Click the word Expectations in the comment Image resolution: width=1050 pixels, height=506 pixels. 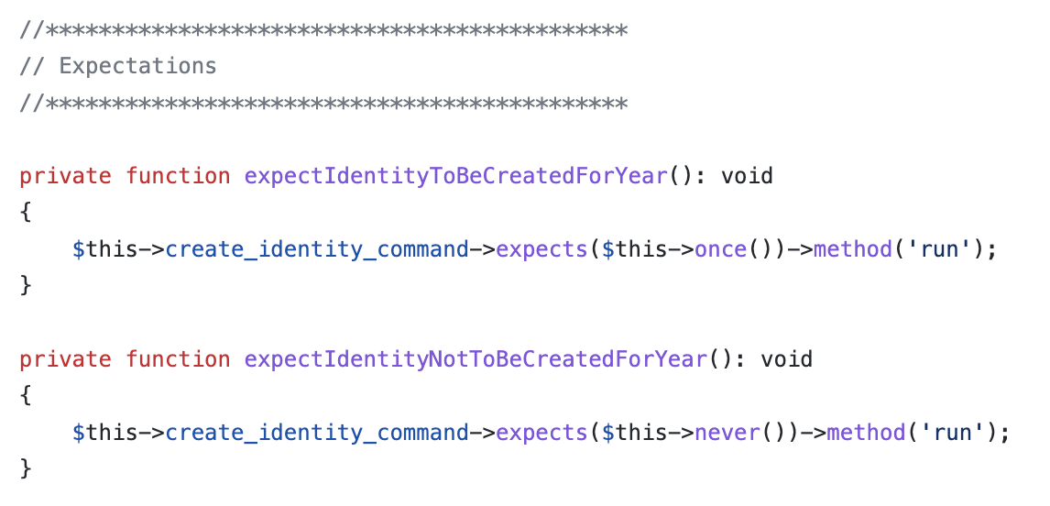[137, 66]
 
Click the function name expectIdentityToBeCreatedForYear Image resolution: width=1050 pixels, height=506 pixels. [455, 175]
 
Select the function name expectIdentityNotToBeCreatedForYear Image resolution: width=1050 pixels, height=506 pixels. [476, 358]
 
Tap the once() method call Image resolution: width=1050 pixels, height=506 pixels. [721, 248]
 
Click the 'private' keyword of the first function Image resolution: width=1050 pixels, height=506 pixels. [66, 175]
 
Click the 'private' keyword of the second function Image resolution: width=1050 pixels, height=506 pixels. [66, 358]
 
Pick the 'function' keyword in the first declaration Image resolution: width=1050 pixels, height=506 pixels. [178, 175]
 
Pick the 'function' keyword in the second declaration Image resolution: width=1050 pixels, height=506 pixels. [178, 358]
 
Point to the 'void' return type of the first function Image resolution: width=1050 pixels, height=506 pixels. [747, 175]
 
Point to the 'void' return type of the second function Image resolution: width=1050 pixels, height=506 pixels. [786, 358]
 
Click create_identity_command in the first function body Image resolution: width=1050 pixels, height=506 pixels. [317, 248]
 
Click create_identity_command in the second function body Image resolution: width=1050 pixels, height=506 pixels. [317, 432]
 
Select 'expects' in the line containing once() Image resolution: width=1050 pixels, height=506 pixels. [541, 248]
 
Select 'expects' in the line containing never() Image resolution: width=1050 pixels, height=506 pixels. [541, 432]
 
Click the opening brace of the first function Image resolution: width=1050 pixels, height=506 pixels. [26, 212]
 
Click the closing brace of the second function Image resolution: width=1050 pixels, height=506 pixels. [26, 468]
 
